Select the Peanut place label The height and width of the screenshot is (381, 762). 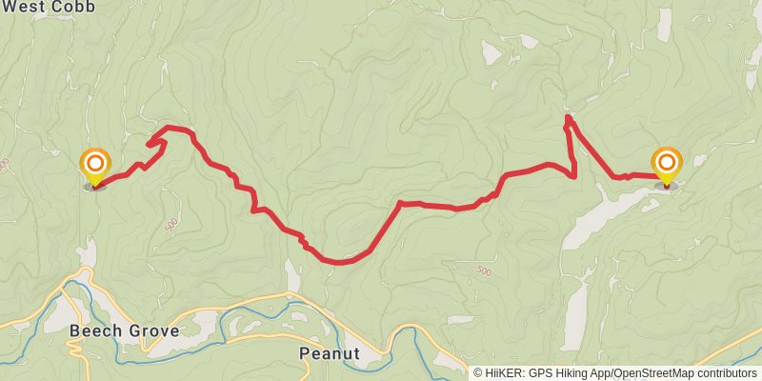click(329, 353)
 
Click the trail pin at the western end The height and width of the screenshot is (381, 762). click(95, 166)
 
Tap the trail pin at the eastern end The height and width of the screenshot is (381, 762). click(667, 164)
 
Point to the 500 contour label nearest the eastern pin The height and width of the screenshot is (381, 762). click(484, 271)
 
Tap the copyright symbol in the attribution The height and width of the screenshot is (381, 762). click(478, 372)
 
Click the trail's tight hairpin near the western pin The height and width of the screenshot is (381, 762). click(150, 144)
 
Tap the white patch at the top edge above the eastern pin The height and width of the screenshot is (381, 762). click(664, 23)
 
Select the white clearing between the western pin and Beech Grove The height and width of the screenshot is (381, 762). click(89, 253)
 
